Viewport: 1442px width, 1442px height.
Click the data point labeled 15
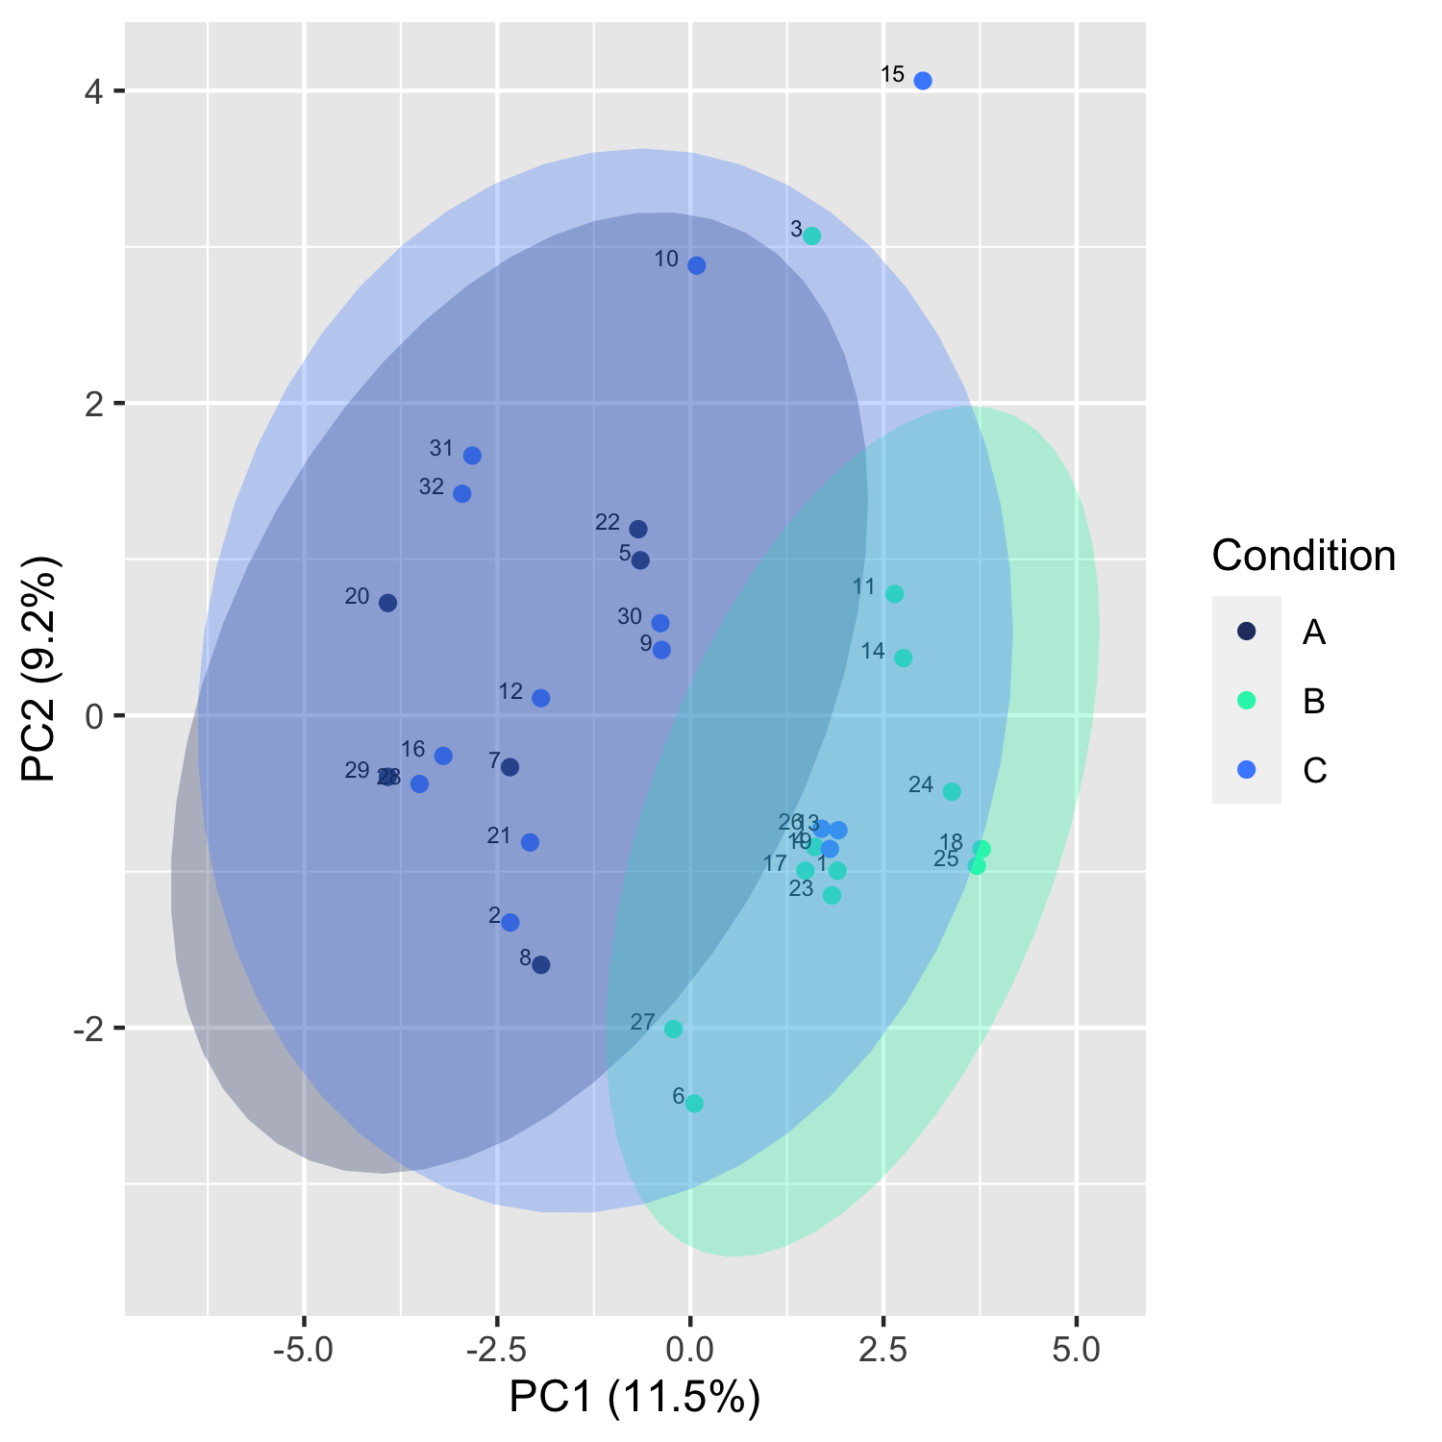tap(923, 81)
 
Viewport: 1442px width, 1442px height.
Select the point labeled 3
tap(811, 236)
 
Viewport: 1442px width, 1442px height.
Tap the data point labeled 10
tap(697, 265)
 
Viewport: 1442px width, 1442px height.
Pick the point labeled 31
tap(472, 456)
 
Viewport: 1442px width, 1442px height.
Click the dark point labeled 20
tap(387, 603)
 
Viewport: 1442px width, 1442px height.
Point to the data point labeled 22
tap(638, 530)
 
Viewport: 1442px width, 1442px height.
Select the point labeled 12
tap(541, 698)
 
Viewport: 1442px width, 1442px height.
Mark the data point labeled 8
tap(541, 965)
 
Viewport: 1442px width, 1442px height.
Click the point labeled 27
tap(674, 1029)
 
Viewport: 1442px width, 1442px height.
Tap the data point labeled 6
tap(694, 1104)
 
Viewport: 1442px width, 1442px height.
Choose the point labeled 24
tap(952, 791)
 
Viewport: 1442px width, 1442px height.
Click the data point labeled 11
tap(894, 594)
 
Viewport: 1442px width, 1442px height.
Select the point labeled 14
tap(904, 658)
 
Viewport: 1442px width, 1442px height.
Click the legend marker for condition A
tap(1246, 632)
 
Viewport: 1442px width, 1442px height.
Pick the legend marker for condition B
tap(1246, 701)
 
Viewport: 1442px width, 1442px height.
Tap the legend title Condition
tap(1304, 556)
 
